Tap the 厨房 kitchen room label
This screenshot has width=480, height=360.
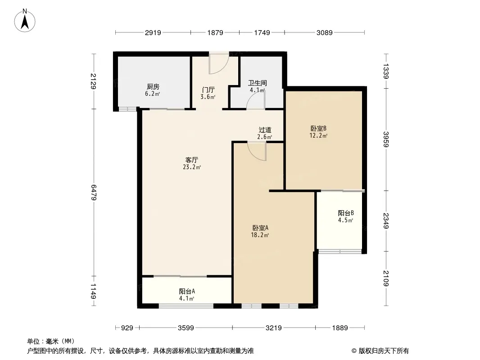click(x=153, y=87)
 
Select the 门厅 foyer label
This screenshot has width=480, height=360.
click(x=208, y=90)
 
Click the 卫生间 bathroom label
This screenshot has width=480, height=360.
click(x=258, y=83)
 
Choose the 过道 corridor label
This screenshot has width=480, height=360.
click(x=265, y=130)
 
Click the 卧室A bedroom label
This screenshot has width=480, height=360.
click(x=260, y=228)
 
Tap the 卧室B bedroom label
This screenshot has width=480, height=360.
click(x=318, y=128)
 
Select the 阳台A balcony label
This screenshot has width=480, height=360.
click(x=186, y=291)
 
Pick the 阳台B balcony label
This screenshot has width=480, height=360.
click(x=345, y=213)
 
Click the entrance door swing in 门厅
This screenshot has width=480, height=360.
click(x=219, y=64)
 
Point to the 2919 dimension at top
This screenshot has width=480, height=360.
click(x=153, y=32)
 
